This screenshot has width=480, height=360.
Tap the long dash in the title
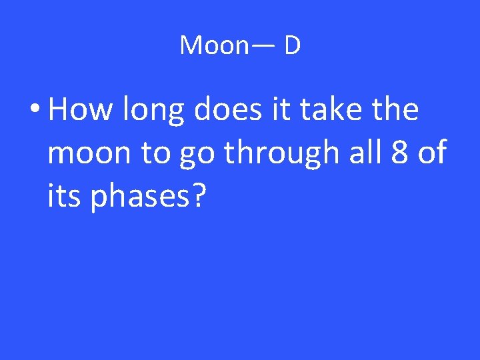(261, 45)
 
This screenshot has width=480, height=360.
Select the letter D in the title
(292, 45)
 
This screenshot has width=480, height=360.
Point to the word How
(79, 109)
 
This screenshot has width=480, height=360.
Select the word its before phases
(65, 197)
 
